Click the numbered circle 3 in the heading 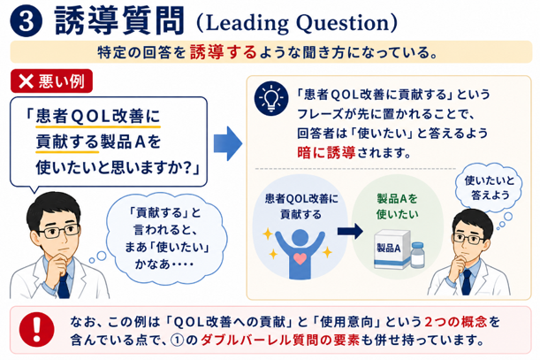(x=27, y=20)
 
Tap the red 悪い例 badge (x=51, y=81)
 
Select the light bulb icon (x=271, y=98)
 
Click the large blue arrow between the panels (x=228, y=143)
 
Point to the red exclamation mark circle (x=36, y=329)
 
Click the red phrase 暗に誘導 (x=326, y=152)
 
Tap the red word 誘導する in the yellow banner (x=224, y=52)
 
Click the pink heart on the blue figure (x=300, y=258)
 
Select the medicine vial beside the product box (x=418, y=255)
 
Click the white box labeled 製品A (x=392, y=249)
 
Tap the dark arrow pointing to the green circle (x=350, y=231)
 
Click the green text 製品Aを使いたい (x=397, y=206)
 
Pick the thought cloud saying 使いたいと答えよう (x=489, y=188)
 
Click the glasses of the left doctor (x=59, y=231)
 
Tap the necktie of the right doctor (x=466, y=282)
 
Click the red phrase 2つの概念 (x=456, y=322)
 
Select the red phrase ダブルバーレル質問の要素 (x=280, y=341)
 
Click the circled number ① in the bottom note (x=177, y=341)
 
